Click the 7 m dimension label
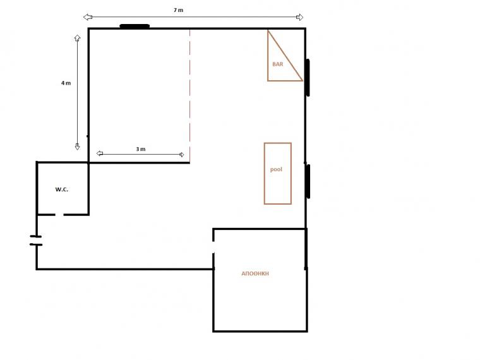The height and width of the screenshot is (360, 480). click(178, 10)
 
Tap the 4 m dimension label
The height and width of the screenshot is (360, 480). click(66, 83)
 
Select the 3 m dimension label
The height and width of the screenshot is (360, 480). click(140, 149)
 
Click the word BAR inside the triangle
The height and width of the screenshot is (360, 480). click(278, 64)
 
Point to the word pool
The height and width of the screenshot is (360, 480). click(276, 169)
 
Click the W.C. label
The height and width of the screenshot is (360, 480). click(61, 189)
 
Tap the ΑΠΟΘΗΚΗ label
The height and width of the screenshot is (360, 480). click(255, 273)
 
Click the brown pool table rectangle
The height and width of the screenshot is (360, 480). click(265, 173)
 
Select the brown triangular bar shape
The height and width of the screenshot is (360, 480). click(268, 56)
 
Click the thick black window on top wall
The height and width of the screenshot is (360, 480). click(135, 27)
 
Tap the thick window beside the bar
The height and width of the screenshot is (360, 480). click(308, 78)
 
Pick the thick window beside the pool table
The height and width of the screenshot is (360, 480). click(308, 181)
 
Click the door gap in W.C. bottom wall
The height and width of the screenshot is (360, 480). click(60, 215)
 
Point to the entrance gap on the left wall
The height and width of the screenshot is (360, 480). click(37, 241)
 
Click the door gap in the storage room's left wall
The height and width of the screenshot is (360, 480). click(213, 247)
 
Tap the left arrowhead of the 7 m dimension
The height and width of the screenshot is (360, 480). click(88, 17)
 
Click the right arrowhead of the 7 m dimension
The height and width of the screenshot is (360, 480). click(300, 17)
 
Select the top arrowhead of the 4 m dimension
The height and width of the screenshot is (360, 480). click(77, 38)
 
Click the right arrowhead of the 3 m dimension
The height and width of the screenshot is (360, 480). click(181, 155)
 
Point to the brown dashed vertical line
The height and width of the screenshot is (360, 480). click(190, 95)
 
